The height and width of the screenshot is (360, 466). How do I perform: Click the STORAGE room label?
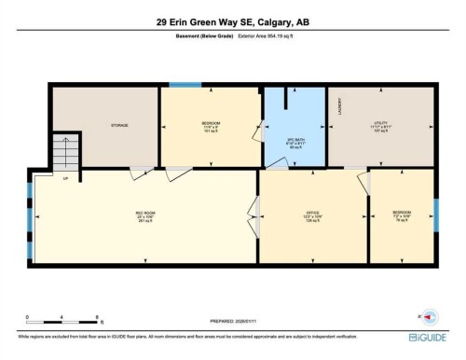118,125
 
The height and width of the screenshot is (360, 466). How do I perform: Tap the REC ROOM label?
145,213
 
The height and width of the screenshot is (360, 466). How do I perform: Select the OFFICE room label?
313,213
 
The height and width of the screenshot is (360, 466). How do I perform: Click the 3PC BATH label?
295,121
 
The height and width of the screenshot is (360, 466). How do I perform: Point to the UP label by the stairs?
65,177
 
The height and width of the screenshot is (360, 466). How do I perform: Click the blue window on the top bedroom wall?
191,86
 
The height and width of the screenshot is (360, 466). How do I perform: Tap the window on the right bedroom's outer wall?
435,214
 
